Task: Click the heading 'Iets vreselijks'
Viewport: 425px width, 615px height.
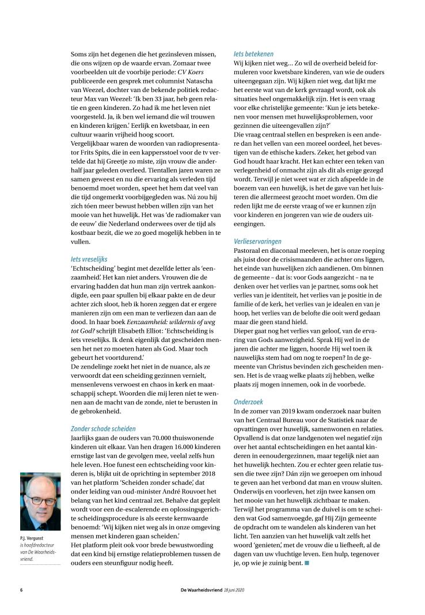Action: point(89,259)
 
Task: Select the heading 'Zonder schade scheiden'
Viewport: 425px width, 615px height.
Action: point(103,412)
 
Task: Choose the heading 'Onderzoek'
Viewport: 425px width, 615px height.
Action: point(249,386)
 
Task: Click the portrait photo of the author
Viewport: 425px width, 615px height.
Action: point(40,502)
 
